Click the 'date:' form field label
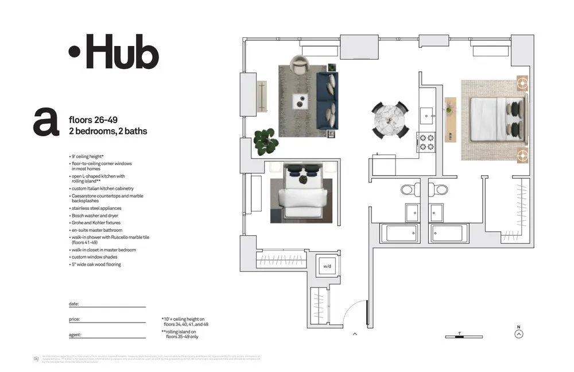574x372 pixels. [x=73, y=304]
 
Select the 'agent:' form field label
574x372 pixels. [x=75, y=335]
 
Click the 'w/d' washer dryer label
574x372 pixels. [x=327, y=266]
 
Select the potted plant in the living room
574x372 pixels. [x=265, y=141]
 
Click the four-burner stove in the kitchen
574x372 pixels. [x=427, y=142]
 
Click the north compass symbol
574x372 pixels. [x=519, y=333]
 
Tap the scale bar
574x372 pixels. [x=463, y=336]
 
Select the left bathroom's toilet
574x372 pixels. [x=408, y=189]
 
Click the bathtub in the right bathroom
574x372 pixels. [x=448, y=233]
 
